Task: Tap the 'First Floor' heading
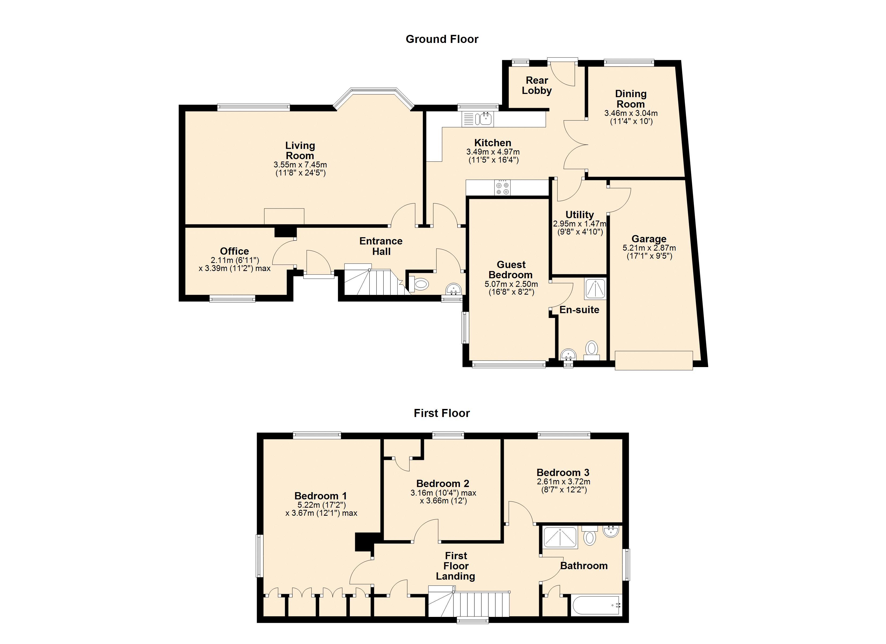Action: [442, 413]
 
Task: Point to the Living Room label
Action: [300, 150]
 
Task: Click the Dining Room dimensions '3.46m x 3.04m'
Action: [631, 113]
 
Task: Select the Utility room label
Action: [580, 214]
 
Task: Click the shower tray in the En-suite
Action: [595, 289]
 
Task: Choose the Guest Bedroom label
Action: [511, 269]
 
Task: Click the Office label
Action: [234, 251]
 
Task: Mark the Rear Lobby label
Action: [537, 85]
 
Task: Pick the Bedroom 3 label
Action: [563, 473]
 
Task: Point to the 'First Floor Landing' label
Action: [456, 566]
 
